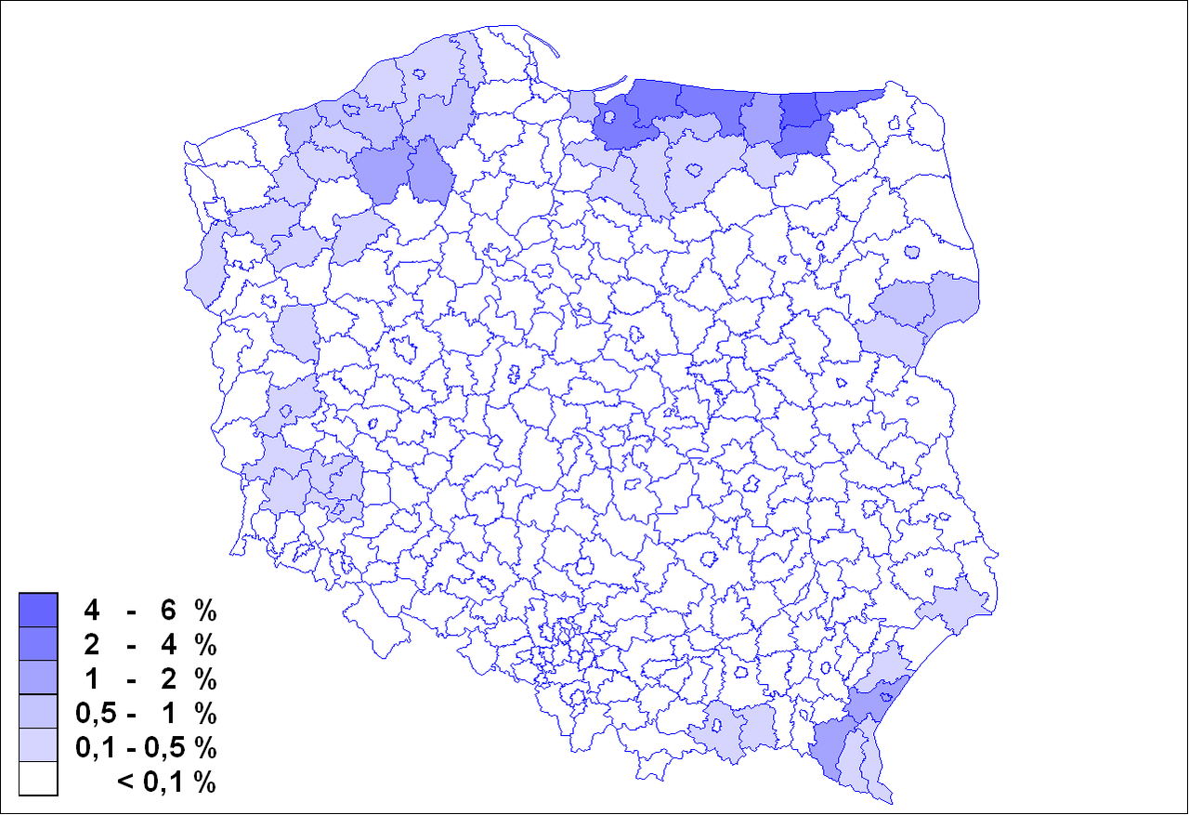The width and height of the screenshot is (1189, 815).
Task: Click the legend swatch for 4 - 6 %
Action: pos(38,610)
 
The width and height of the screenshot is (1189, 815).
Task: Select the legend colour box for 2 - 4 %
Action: pos(38,644)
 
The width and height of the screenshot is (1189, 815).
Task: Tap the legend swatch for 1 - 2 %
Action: pos(38,677)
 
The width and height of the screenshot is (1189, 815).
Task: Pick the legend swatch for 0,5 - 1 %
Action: pos(38,712)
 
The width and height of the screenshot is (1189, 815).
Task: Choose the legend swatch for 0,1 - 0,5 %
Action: pos(38,746)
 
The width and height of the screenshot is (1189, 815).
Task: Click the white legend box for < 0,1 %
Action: pos(38,780)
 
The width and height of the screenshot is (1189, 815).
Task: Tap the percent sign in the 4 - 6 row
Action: pos(204,611)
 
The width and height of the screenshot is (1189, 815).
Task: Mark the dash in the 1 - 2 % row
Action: pos(133,679)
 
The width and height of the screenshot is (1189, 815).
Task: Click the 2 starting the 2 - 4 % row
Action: pos(91,645)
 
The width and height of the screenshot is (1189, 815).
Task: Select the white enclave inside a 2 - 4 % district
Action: pos(608,118)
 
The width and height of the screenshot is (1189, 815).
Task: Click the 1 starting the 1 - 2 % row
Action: pos(91,679)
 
